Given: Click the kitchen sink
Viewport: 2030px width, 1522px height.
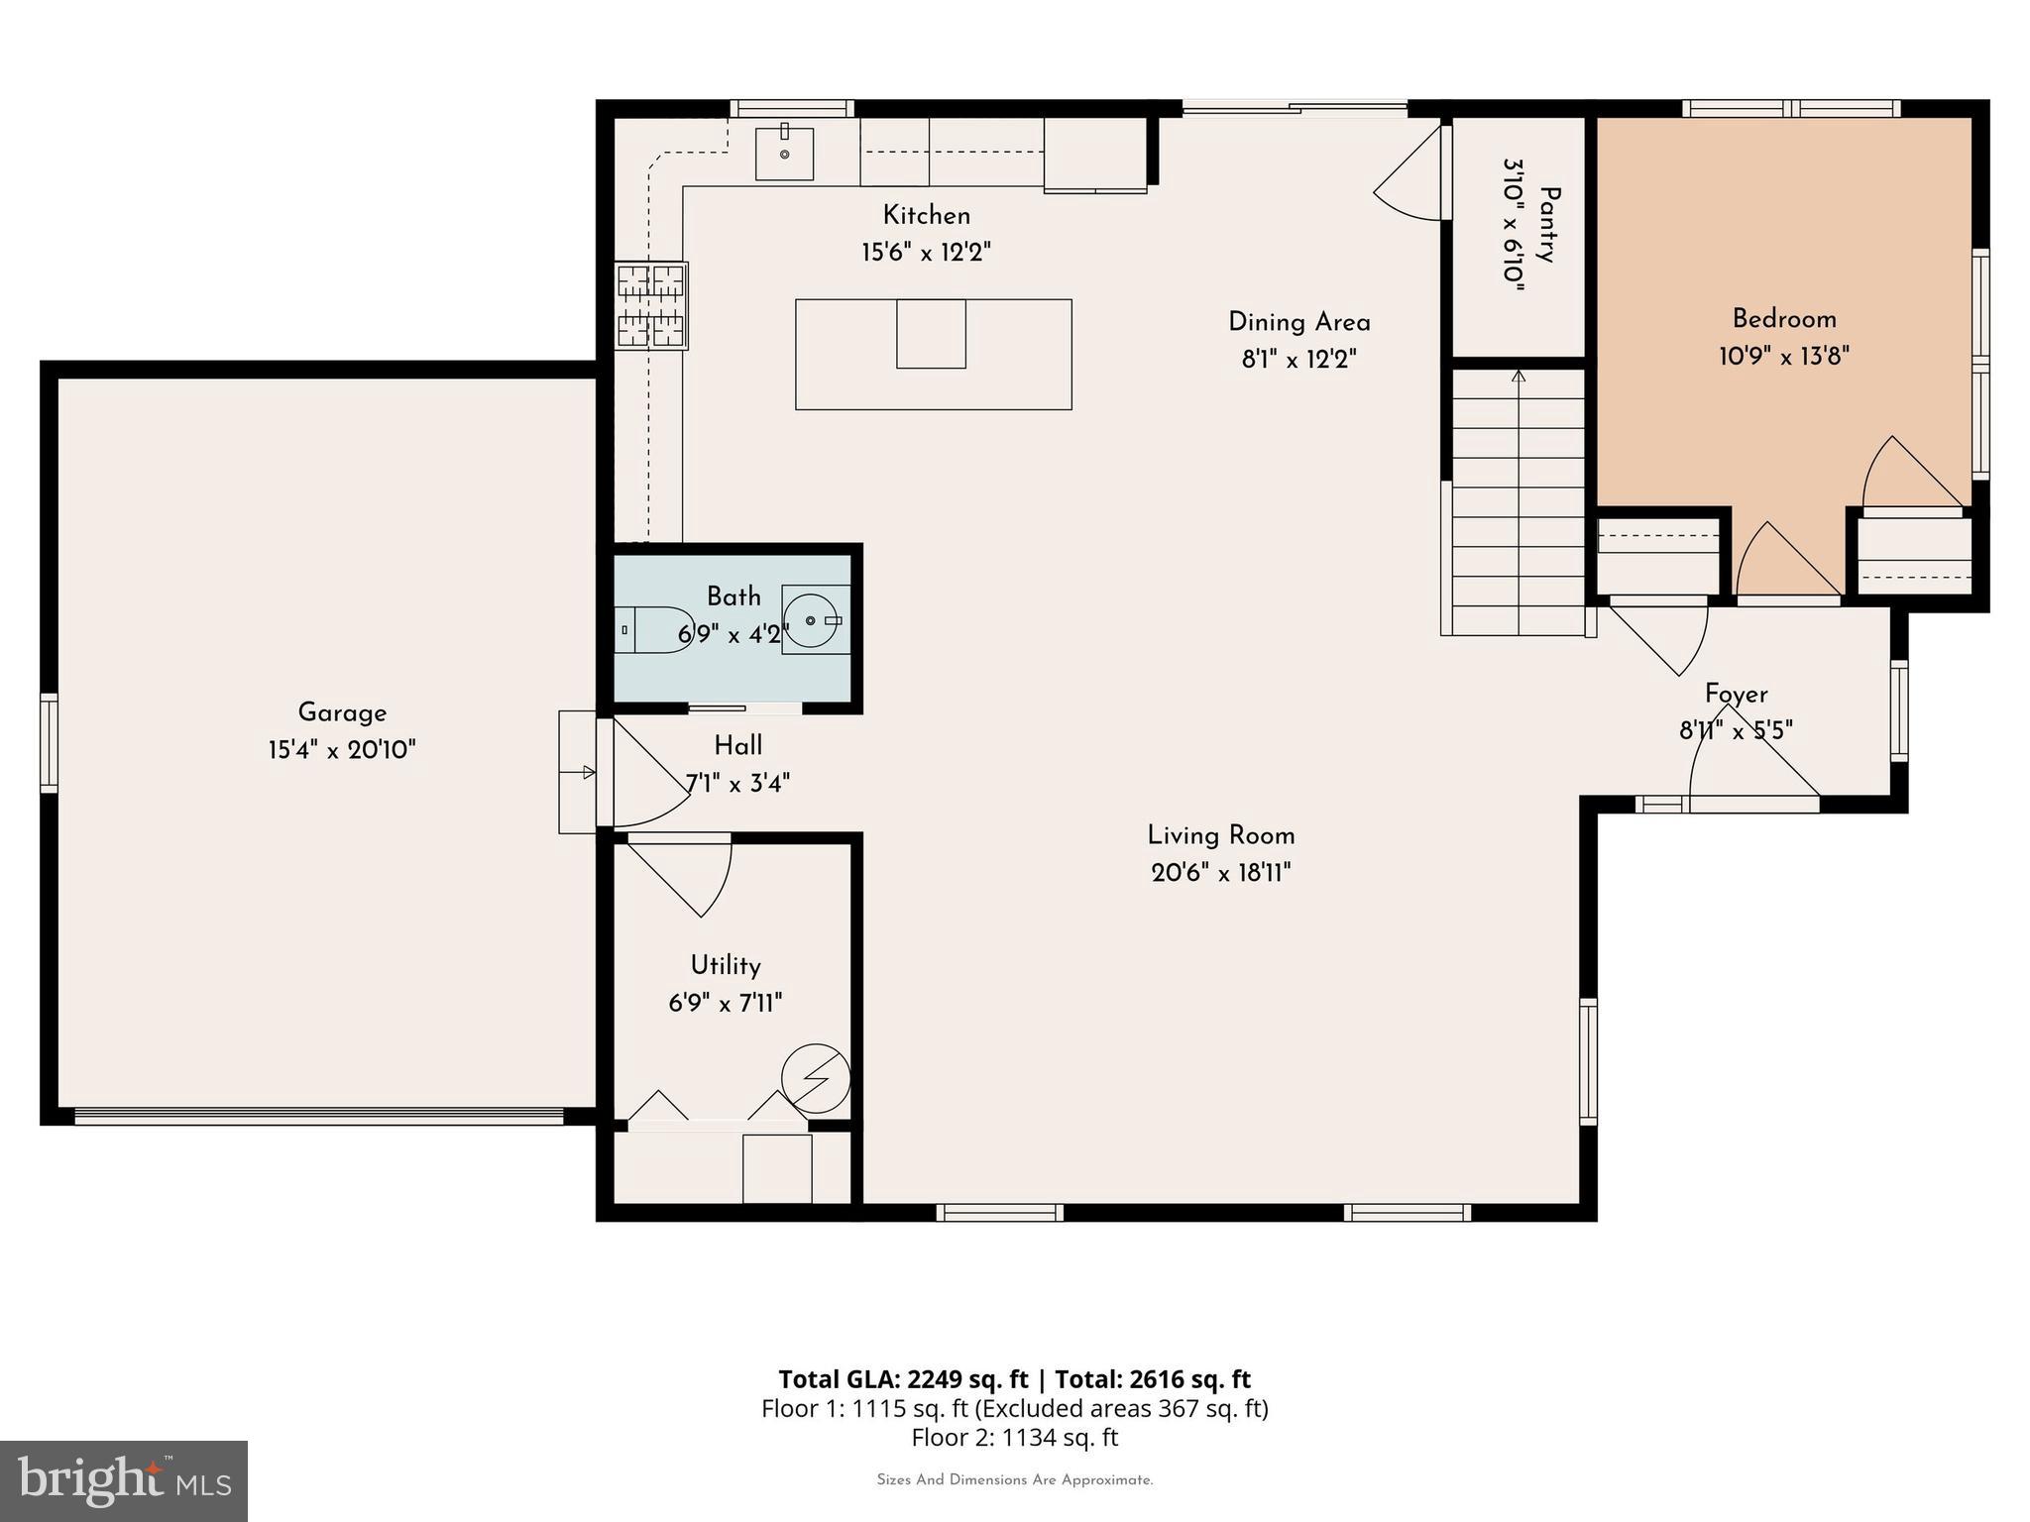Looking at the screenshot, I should pos(784,155).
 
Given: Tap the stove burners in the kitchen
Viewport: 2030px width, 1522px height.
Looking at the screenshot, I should pos(651,305).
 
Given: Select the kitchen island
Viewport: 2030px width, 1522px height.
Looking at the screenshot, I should pos(933,354).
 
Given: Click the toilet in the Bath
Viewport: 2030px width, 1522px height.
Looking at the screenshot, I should pos(651,630).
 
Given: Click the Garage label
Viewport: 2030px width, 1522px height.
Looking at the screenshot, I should pos(342,712).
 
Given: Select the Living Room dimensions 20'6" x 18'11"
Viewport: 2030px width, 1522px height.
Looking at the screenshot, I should pos(1220,873).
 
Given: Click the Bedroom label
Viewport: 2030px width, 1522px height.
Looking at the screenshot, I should pos(1784,319).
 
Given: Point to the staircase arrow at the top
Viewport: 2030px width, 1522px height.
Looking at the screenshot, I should pos(1518,377).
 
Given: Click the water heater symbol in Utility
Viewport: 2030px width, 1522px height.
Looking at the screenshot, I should pos(816,1078).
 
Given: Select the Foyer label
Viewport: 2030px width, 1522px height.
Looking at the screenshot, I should pos(1736,694).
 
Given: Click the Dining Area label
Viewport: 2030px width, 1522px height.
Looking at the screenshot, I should pos(1298,322).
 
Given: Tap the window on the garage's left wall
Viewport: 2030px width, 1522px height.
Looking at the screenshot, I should pos(49,743).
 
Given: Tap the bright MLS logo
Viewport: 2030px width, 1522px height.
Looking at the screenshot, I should pos(124,1480).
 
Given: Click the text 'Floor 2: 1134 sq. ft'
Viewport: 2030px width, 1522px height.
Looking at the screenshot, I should pos(1014,1437).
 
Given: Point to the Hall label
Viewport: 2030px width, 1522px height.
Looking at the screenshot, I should pos(738,746).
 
